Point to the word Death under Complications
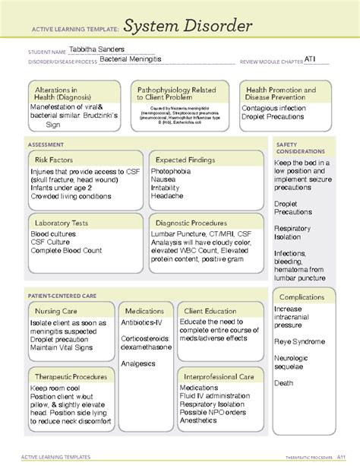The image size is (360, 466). [285, 383]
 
